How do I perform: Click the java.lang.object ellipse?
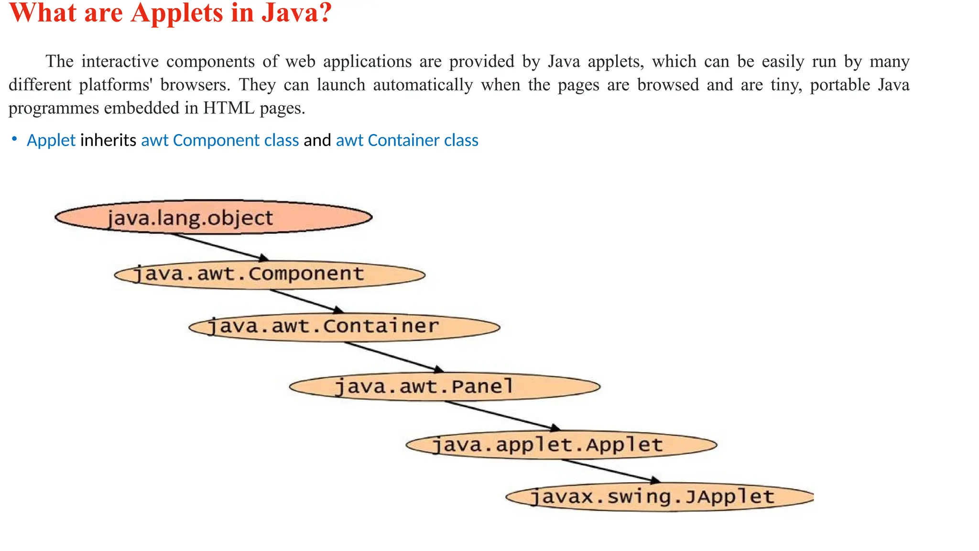coord(213,217)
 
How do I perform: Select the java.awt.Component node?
coord(270,275)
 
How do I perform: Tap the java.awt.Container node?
coord(344,327)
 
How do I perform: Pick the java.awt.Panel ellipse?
coord(445,386)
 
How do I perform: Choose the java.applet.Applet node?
coord(561,445)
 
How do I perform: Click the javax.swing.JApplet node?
coord(660,497)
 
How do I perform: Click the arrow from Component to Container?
coord(306,301)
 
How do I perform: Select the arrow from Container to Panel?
coord(393,356)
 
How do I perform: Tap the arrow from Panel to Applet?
coord(502,415)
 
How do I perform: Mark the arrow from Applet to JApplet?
coord(611,471)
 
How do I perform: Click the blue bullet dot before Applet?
coord(15,139)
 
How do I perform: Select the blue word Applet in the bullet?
coord(51,140)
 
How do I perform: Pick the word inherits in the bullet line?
coord(108,140)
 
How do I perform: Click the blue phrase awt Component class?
coord(220,140)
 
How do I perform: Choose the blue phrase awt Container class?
coord(407,140)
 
